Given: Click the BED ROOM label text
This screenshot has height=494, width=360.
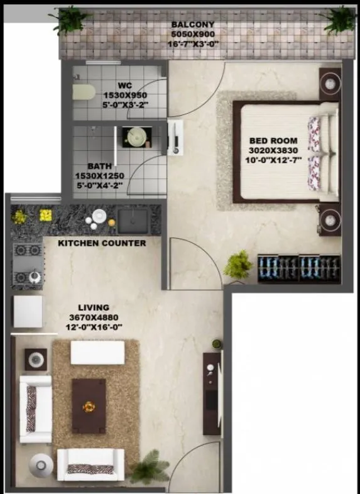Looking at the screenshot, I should pos(273,140).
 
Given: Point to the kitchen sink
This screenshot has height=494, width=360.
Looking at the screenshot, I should pos(133,221).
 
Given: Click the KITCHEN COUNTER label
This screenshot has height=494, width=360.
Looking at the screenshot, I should pos(102,243).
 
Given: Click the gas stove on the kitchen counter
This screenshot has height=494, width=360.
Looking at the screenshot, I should pos(28,265).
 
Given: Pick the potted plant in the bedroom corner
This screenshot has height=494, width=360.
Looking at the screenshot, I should pos(239,265).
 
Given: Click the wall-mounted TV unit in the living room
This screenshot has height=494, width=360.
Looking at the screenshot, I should pos(212,393).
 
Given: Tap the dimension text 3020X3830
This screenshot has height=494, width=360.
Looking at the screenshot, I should pos(273,151).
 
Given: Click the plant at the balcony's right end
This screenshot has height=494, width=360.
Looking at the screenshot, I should pos(340,20).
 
